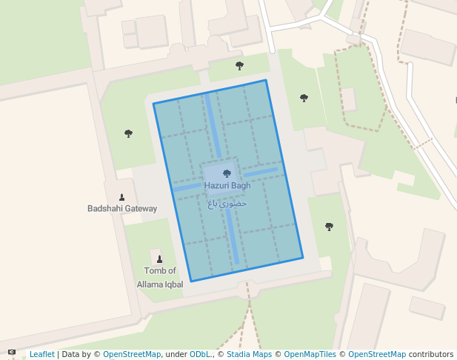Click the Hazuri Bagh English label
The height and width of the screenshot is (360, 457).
227,186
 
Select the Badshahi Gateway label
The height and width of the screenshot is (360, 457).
122,209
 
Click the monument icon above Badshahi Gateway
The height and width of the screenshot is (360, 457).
122,197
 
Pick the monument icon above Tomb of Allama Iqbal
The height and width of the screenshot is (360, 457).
159,259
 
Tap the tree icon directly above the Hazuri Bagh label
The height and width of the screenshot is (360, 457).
227,173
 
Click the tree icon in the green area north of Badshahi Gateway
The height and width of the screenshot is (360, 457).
128,133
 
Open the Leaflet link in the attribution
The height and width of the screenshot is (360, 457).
41,355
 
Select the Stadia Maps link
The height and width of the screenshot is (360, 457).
249,355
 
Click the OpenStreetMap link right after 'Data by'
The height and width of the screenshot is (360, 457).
132,355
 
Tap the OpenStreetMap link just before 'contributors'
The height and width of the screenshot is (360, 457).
377,355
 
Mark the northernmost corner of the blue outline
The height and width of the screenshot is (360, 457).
265,80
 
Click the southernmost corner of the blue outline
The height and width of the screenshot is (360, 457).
191,281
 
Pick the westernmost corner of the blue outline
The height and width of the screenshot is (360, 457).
153,104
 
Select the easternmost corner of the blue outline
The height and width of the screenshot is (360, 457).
304,258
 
